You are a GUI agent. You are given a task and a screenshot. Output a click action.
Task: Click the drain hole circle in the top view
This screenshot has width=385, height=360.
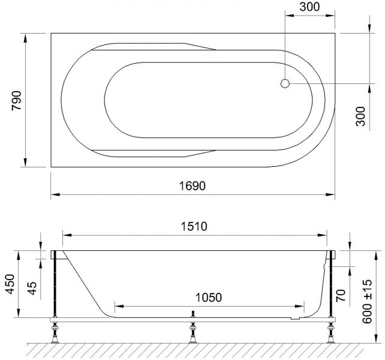click(x=285, y=83)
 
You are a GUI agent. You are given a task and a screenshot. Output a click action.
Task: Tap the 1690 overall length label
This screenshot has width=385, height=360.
click(x=192, y=186)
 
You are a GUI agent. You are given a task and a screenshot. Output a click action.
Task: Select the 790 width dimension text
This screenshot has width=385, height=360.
click(x=17, y=101)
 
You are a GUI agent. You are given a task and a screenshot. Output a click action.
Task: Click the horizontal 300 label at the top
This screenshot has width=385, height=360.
click(x=309, y=7)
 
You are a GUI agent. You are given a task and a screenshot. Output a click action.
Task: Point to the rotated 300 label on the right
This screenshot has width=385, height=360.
click(x=360, y=116)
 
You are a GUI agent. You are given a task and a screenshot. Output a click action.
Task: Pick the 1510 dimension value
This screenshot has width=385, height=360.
click(x=194, y=226)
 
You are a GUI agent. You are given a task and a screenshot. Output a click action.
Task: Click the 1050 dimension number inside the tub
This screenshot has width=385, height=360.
click(x=209, y=298)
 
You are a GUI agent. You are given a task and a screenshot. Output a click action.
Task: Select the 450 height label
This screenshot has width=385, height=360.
click(x=10, y=284)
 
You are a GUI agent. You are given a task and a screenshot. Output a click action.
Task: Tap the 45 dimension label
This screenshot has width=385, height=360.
click(x=32, y=288)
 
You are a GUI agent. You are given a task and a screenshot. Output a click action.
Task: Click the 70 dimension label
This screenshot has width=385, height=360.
click(x=341, y=296)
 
